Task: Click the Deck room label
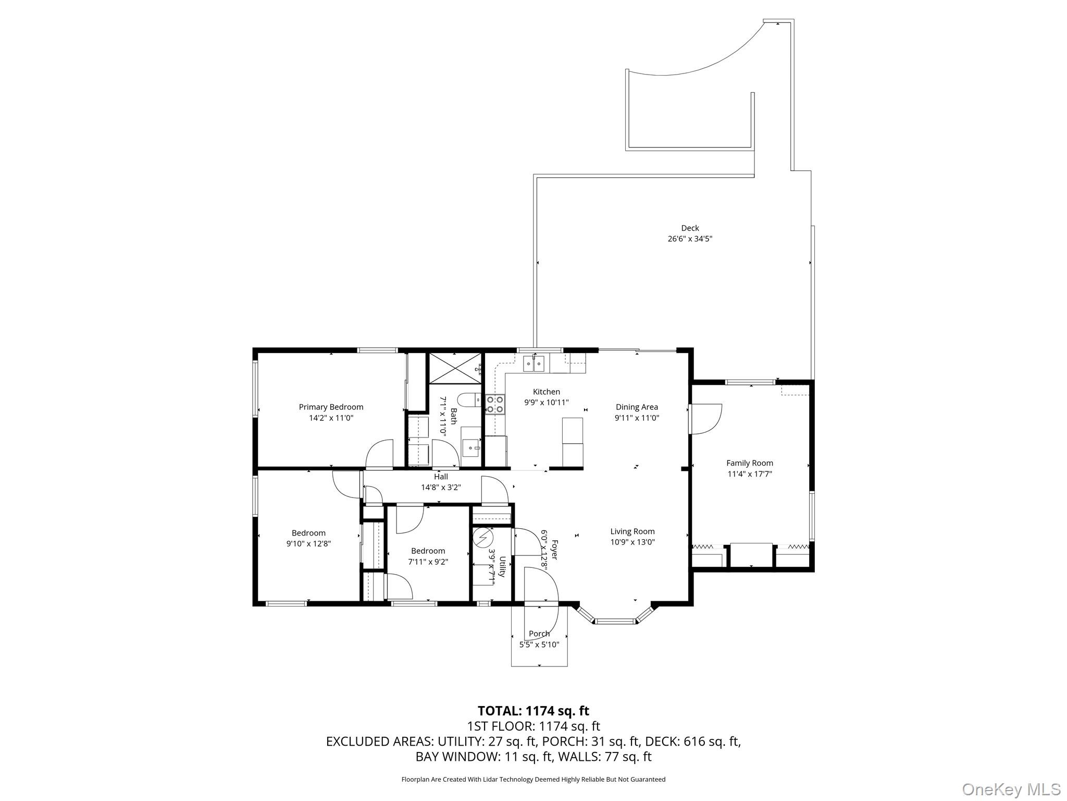(689, 228)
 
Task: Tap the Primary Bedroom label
(331, 407)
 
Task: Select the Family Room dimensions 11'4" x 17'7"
(749, 474)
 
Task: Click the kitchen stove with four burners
(495, 404)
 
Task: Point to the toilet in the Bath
(469, 399)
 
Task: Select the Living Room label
(632, 531)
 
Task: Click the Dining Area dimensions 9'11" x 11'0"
(637, 418)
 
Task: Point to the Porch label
(539, 634)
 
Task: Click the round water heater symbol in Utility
(483, 537)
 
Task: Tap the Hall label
(441, 477)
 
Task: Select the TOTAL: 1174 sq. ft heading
(533, 711)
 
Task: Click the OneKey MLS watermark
(1011, 789)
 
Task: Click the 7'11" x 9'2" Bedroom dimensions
(428, 562)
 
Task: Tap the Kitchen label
(546, 392)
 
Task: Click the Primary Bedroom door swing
(380, 454)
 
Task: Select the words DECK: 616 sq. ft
(692, 741)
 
